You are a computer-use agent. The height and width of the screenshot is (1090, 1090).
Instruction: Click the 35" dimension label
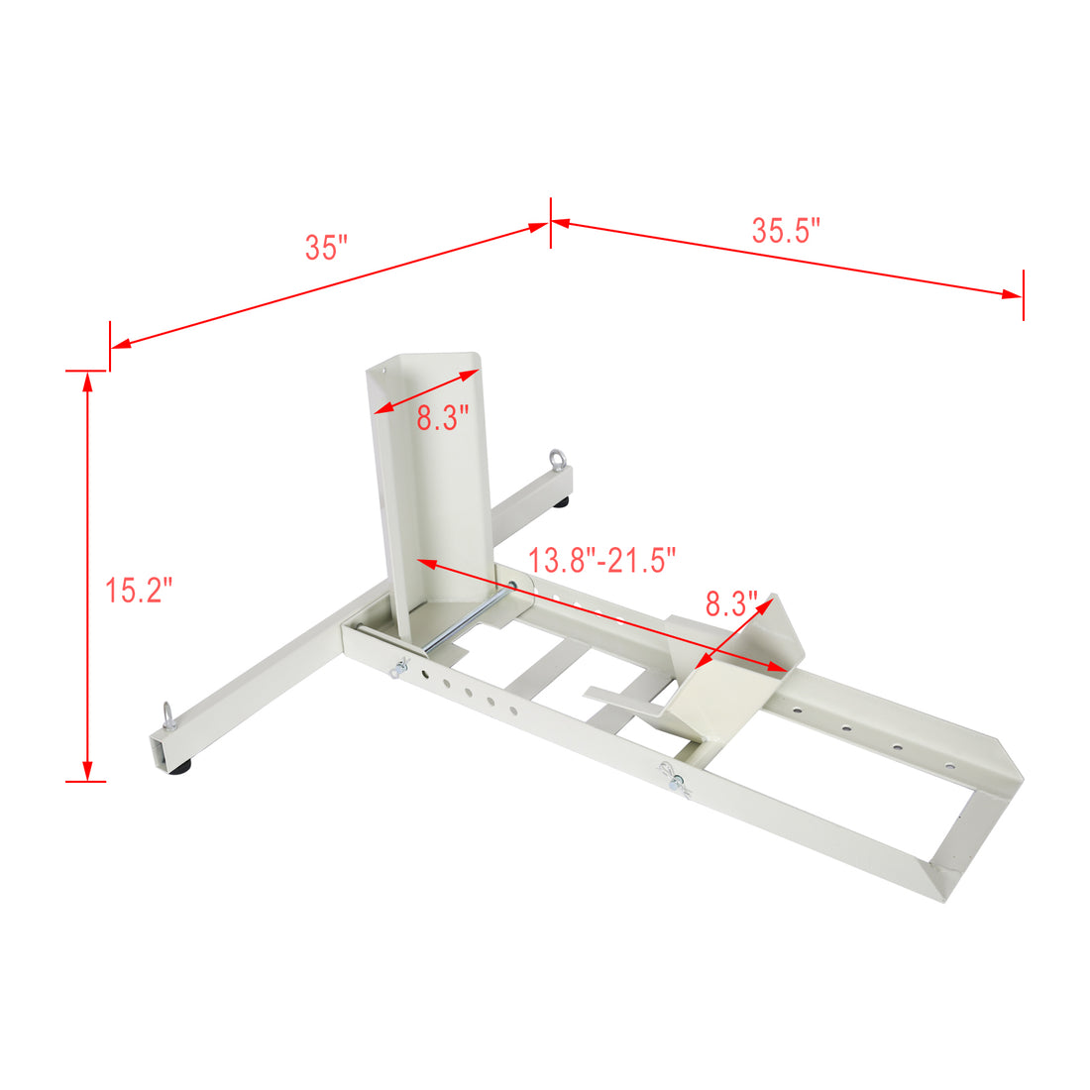click(326, 247)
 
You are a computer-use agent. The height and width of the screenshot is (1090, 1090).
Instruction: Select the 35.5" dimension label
click(786, 231)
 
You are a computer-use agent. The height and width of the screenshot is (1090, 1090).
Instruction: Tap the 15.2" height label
click(139, 591)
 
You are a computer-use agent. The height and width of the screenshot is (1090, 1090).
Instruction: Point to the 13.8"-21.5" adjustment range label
click(601, 560)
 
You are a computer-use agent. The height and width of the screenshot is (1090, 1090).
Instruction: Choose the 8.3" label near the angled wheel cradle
click(730, 602)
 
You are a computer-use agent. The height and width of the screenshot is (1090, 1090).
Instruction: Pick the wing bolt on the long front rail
click(676, 781)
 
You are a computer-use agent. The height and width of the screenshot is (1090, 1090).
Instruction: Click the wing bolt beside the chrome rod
click(399, 667)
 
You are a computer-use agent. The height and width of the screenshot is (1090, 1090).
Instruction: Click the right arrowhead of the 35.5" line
click(1013, 293)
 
